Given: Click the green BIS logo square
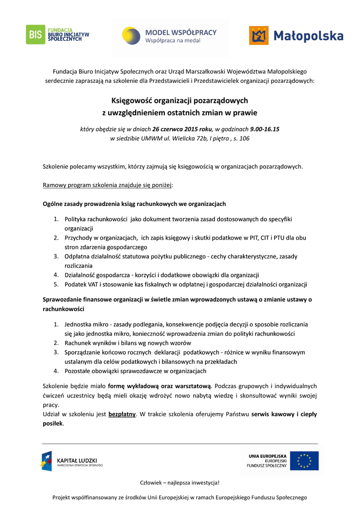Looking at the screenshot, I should [36, 35].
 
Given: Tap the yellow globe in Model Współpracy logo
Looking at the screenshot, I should [132, 36].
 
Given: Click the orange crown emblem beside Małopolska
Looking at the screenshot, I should [258, 36].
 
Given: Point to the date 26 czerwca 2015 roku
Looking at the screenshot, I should [182, 129].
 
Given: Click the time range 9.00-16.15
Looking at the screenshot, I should [265, 129].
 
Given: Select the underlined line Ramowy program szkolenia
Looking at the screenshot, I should [107, 185].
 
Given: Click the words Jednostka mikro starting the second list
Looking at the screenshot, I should [86, 324].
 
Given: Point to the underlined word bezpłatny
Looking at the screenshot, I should [122, 414].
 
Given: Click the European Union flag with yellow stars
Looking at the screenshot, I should [304, 461].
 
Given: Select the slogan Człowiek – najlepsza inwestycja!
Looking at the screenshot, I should [180, 483].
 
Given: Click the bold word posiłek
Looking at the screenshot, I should [53, 424].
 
